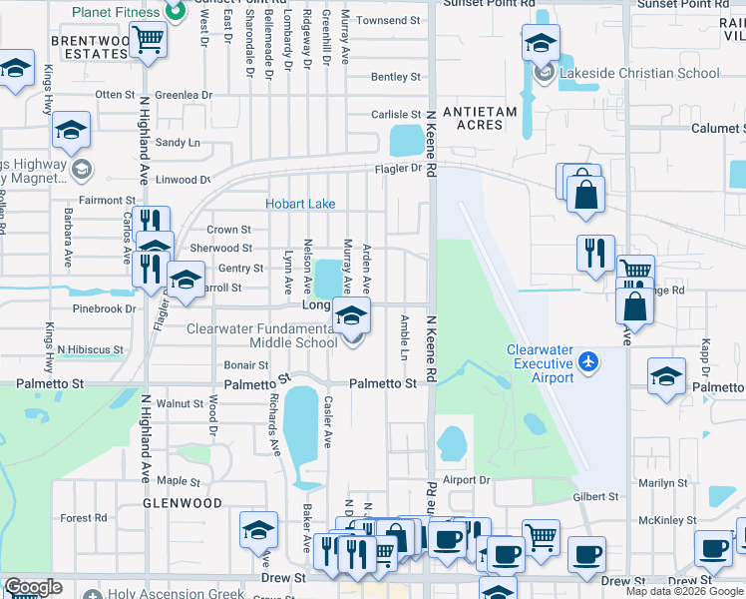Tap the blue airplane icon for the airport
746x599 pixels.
click(x=589, y=359)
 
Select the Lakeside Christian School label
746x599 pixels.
click(x=639, y=73)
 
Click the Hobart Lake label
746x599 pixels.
click(x=299, y=204)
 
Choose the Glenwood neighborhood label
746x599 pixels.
click(x=181, y=504)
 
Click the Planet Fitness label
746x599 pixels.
click(x=116, y=12)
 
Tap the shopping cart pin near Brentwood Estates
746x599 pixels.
click(x=149, y=41)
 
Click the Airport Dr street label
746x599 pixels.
click(x=467, y=480)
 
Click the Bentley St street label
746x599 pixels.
click(x=395, y=77)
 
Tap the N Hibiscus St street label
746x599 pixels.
click(x=90, y=350)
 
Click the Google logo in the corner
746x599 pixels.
click(x=33, y=587)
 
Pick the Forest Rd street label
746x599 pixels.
click(x=84, y=518)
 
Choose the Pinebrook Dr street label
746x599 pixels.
click(x=104, y=309)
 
